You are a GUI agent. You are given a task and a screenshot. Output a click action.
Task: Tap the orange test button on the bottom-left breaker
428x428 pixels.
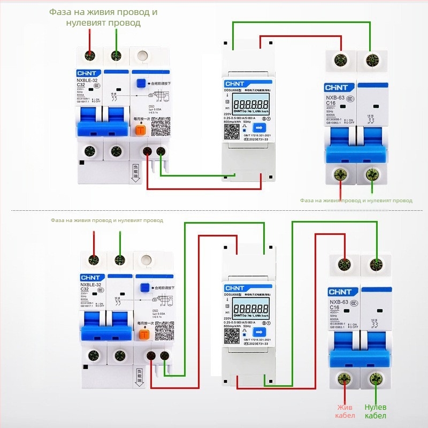coord(143,335)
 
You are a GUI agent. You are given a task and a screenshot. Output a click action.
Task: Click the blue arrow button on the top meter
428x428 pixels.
coord(259,127)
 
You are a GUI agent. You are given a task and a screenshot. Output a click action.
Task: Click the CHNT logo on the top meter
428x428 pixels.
coord(235,84)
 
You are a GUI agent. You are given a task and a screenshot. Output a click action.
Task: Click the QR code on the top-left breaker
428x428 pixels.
coord(159,126)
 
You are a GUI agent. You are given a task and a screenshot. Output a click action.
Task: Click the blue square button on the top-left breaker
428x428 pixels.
coord(142,84)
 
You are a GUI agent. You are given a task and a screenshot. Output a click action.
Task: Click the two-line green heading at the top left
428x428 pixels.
coord(103,17)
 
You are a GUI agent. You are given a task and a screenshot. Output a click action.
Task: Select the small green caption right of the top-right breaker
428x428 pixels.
coord(356,201)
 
